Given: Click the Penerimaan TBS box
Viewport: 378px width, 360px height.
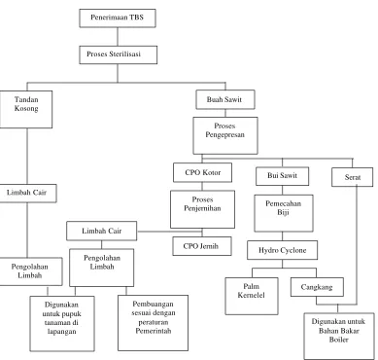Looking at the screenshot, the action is pyautogui.click(x=118, y=18).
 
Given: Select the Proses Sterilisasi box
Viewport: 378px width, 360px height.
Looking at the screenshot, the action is pyautogui.click(x=119, y=54).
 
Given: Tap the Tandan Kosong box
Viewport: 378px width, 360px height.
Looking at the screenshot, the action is pyautogui.click(x=26, y=109).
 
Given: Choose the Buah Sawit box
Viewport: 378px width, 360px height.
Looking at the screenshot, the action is pyautogui.click(x=225, y=99).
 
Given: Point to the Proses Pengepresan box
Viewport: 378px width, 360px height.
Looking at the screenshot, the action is pyautogui.click(x=225, y=135).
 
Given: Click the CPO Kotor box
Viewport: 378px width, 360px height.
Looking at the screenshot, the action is pyautogui.click(x=202, y=172).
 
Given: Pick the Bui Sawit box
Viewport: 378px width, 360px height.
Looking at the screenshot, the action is pyautogui.click(x=282, y=176).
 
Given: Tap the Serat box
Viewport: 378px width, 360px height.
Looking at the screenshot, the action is pyautogui.click(x=353, y=177).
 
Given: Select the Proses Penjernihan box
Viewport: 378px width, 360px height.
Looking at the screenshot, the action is pyautogui.click(x=202, y=209).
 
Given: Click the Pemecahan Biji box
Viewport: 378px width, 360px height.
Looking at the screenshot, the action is pyautogui.click(x=284, y=213).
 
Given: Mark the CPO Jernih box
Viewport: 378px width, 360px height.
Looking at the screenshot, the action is pyautogui.click(x=202, y=246).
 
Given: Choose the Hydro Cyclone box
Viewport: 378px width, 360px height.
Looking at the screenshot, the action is pyautogui.click(x=282, y=250).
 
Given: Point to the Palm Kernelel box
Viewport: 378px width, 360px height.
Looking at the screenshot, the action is pyautogui.click(x=252, y=296).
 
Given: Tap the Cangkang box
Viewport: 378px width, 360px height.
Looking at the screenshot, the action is pyautogui.click(x=317, y=287).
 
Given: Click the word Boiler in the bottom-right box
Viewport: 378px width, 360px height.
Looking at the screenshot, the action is pyautogui.click(x=338, y=340).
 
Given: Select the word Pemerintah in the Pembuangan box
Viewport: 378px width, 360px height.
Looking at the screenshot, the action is pyautogui.click(x=154, y=331).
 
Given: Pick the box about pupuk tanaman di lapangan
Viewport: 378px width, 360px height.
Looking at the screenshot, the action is pyautogui.click(x=62, y=324).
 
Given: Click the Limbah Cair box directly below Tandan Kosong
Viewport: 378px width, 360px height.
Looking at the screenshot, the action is pyautogui.click(x=27, y=194).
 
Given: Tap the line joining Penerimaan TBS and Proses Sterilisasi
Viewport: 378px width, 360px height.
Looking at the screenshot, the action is pyautogui.click(x=118, y=37).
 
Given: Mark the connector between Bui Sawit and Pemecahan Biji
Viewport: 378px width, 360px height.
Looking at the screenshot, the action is pyautogui.click(x=282, y=191).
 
